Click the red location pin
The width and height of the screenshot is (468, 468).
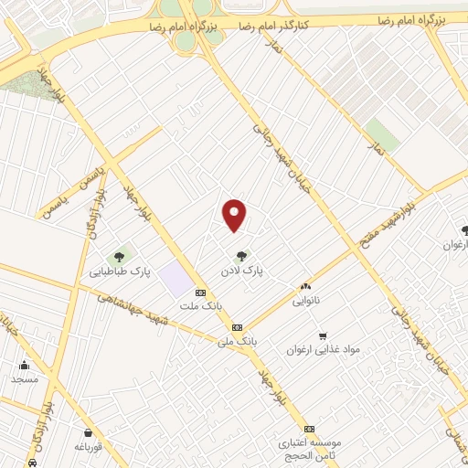[235, 215]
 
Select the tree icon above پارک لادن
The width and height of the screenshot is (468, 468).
[241, 257]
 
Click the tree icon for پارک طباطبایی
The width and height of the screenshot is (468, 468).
[118, 258]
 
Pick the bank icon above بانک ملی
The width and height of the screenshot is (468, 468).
[237, 326]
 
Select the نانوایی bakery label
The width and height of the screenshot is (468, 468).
[306, 300]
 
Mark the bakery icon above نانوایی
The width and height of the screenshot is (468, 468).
[305, 286]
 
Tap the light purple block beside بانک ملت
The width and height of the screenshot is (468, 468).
[172, 278]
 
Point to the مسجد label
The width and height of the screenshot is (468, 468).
[25, 378]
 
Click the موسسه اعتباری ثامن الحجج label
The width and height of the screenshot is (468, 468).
[310, 449]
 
